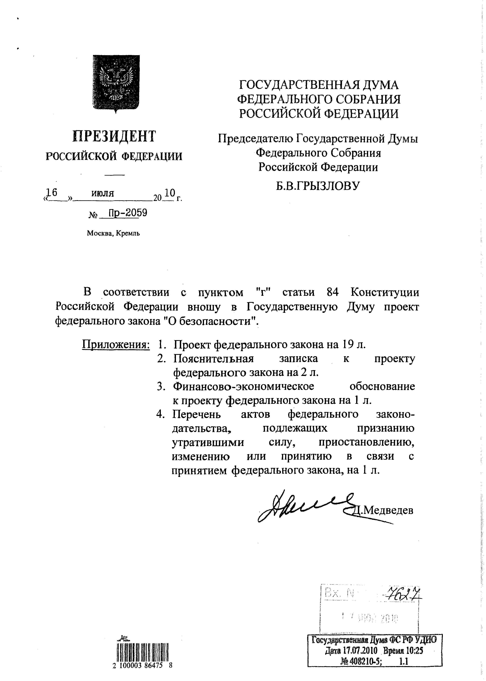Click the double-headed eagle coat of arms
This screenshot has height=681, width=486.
[116, 83]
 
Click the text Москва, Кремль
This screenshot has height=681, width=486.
[113, 233]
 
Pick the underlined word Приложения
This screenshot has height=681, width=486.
[116, 345]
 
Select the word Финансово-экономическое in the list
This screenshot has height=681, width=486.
[244, 386]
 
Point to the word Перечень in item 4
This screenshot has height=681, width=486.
[197, 414]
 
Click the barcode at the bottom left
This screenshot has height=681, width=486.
[142, 652]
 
